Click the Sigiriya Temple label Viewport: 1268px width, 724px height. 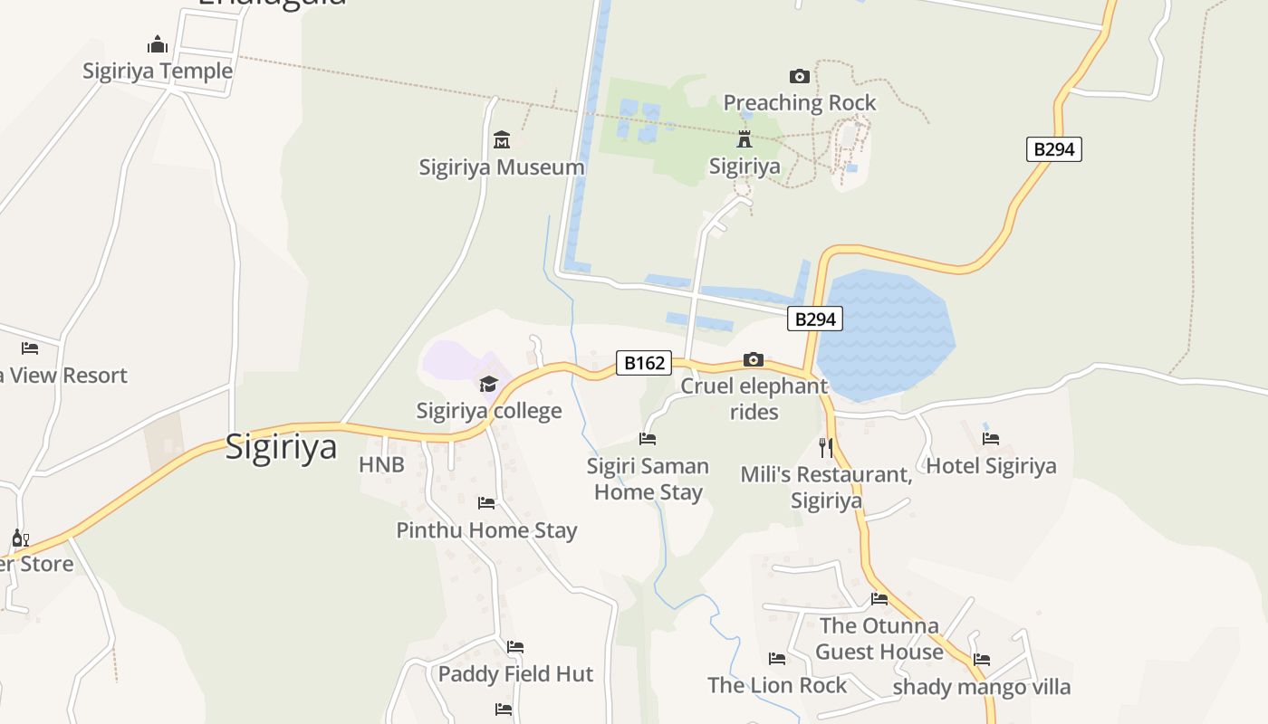[x=158, y=71]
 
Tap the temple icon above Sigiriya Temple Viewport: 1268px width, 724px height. [x=158, y=44]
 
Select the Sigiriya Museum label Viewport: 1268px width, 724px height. [x=501, y=167]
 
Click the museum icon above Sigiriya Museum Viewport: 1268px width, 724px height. [x=502, y=139]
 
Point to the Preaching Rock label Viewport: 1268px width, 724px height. [x=799, y=103]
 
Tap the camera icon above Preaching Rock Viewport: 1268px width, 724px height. [x=799, y=76]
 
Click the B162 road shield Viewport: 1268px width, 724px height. [x=644, y=363]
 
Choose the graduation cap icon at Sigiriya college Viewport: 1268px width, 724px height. [x=488, y=385]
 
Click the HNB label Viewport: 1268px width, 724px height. [x=381, y=465]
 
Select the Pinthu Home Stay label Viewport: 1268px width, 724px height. [x=486, y=530]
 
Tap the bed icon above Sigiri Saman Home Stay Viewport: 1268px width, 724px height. [x=647, y=439]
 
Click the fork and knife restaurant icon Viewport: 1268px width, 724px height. [x=825, y=447]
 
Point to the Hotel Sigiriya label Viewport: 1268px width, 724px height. [x=991, y=466]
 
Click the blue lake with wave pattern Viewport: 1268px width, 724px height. [x=883, y=335]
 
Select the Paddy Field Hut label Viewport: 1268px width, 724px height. [x=515, y=674]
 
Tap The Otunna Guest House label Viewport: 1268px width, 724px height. [x=879, y=639]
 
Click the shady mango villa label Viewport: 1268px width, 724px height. [x=981, y=687]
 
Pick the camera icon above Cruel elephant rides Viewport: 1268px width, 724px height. [x=753, y=360]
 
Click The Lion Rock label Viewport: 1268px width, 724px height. [x=776, y=685]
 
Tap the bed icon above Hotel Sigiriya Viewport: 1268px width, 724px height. [x=991, y=439]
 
